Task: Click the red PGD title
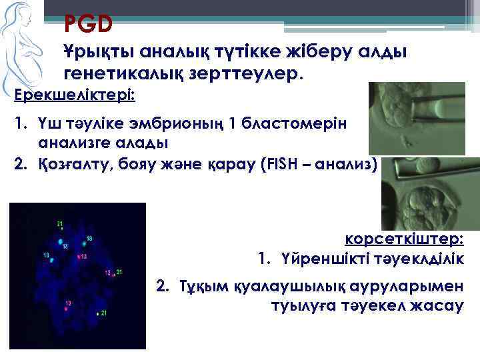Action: coord(88,25)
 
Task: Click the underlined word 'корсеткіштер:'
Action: coord(404,239)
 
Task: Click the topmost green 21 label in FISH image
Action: coord(59,223)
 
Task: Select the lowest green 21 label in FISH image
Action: coord(104,313)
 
